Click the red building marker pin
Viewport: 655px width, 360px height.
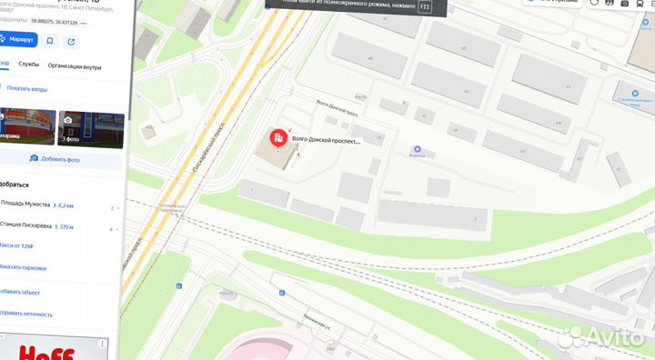coord(277,138)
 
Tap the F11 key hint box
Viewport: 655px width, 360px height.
coord(424,6)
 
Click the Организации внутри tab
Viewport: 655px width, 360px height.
coord(75,65)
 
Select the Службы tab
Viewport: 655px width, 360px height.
coord(28,65)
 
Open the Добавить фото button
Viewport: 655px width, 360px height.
coord(55,158)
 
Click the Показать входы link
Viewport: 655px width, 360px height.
coord(26,88)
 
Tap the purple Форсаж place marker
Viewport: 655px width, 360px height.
coord(418,148)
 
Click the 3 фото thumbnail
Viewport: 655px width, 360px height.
coord(90,128)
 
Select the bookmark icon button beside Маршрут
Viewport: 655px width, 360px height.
coord(50,41)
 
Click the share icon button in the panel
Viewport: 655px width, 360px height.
coord(71,41)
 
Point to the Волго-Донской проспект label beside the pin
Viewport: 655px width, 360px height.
coord(326,141)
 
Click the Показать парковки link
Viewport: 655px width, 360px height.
coord(24,267)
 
